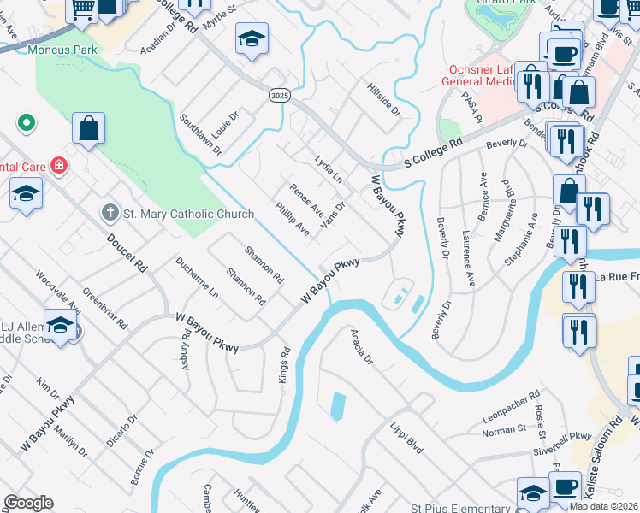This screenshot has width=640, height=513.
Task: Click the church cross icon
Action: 110,212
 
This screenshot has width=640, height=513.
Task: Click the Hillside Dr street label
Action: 382,100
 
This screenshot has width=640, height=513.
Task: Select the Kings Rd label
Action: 286,364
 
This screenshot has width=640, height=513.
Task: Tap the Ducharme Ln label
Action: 197,278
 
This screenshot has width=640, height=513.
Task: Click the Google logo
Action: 28,503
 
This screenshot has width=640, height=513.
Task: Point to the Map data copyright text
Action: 603,506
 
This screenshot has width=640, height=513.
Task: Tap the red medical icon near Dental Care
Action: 59,165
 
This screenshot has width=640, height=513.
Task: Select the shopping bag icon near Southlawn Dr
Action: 88,129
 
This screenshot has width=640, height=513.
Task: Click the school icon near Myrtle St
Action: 252,38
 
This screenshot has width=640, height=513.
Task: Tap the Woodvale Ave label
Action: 58,293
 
